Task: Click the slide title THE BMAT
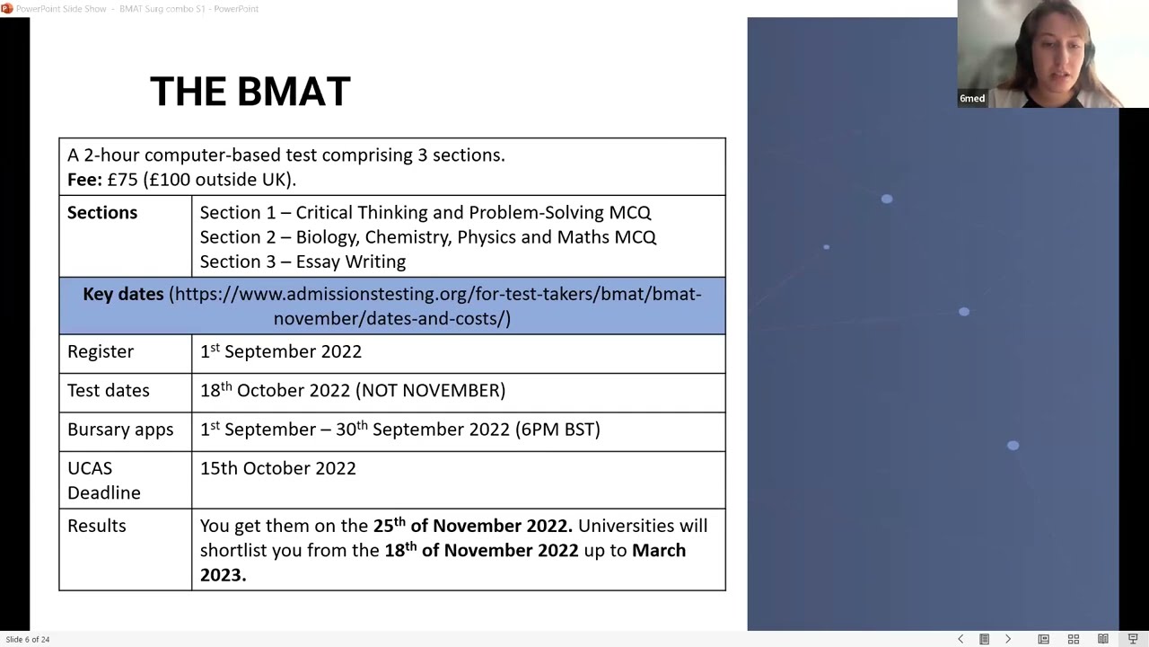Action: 250,92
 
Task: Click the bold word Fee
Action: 83,179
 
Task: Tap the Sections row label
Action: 102,212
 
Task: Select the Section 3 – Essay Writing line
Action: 303,261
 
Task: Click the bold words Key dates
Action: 123,294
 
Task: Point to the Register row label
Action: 101,351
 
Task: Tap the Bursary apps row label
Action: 120,430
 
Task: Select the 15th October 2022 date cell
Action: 278,468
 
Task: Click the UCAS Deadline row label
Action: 103,480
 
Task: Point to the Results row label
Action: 97,526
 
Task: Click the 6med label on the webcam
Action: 972,99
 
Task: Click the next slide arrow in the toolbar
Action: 1007,639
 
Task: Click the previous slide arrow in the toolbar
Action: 960,639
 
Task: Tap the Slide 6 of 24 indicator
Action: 28,639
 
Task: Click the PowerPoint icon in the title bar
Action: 7,8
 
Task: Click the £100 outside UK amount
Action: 219,179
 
